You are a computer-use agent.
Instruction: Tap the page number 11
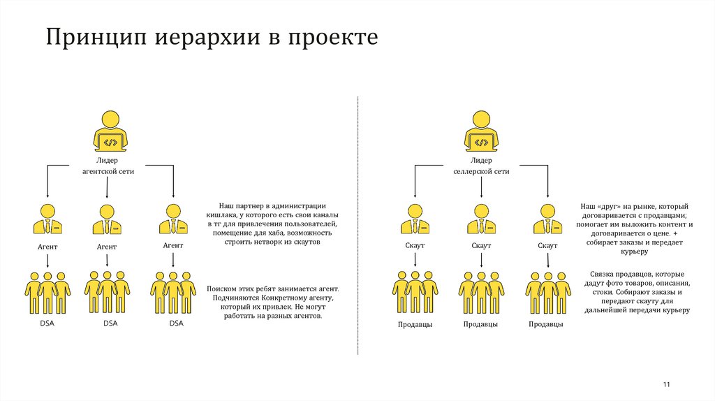666,385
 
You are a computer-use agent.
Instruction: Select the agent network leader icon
110,131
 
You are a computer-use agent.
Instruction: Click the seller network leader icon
481,131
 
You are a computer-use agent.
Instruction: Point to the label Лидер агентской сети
107,166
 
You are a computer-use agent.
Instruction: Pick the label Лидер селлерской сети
481,166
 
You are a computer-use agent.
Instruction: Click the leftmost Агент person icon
47,220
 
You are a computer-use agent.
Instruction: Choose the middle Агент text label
107,247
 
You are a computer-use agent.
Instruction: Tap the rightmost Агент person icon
172,220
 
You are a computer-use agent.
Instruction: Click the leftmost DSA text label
47,323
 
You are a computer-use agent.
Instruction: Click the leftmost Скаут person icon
415,220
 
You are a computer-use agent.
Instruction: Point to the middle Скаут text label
481,246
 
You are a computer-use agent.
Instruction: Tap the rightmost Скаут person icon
547,220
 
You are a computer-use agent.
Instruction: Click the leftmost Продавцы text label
415,324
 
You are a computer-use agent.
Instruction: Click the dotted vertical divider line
358,224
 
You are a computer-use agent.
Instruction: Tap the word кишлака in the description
223,215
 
